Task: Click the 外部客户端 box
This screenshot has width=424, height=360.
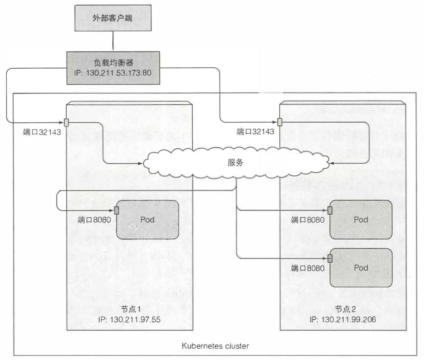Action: pyautogui.click(x=113, y=18)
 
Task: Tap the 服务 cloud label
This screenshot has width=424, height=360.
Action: pyautogui.click(x=236, y=162)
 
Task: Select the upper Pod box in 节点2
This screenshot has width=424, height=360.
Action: pyautogui.click(x=361, y=220)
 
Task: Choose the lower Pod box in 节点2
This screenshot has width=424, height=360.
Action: pyautogui.click(x=361, y=268)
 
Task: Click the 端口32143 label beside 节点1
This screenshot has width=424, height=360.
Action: pyautogui.click(x=42, y=132)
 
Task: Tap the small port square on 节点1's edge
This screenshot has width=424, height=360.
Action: pyautogui.click(x=66, y=122)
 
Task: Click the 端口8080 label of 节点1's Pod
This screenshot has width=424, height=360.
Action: pyautogui.click(x=95, y=220)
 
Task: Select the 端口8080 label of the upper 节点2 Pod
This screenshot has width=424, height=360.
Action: pyautogui.click(x=308, y=220)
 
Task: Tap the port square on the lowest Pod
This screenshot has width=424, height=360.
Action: pyautogui.click(x=330, y=258)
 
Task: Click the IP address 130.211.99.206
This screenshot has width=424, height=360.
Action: pyautogui.click(x=342, y=319)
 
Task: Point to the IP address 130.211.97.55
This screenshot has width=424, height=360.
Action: pyautogui.click(x=129, y=319)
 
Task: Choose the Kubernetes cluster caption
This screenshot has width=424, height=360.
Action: pyautogui.click(x=215, y=346)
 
